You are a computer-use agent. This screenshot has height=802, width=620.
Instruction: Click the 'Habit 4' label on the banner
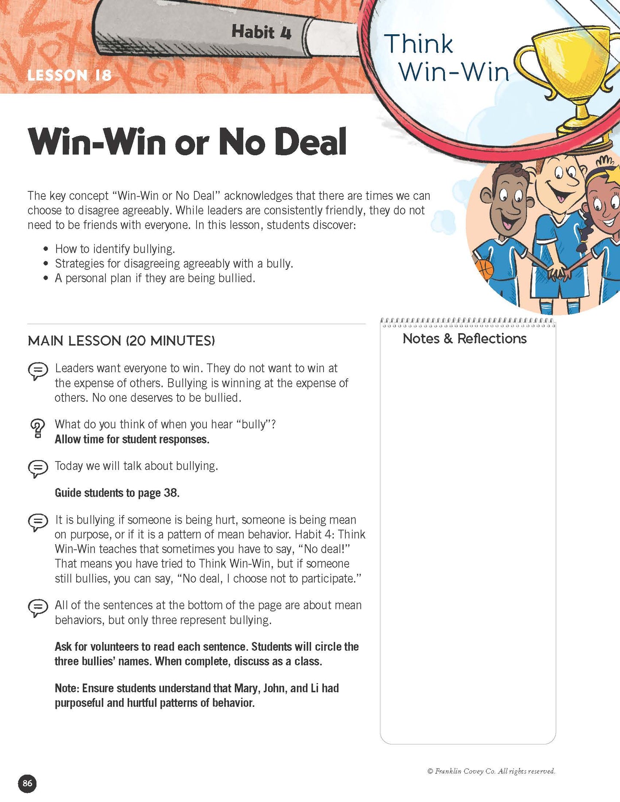(x=261, y=32)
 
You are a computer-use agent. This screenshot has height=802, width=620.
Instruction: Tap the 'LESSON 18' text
(x=70, y=75)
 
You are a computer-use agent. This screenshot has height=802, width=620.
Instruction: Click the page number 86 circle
(x=27, y=784)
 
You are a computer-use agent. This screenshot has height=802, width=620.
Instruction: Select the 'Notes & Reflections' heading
(x=464, y=339)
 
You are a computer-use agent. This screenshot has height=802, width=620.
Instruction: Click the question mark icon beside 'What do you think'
(x=38, y=428)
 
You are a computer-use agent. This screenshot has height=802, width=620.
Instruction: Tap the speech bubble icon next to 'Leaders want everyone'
(x=38, y=371)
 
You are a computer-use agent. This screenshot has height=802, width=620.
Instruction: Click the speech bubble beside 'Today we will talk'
(x=38, y=468)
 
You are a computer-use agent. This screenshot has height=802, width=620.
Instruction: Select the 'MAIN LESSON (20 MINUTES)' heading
(x=121, y=341)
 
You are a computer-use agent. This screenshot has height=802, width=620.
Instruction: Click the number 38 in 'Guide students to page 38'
(x=170, y=493)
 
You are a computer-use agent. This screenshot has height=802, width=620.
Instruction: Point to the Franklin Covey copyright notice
(x=491, y=771)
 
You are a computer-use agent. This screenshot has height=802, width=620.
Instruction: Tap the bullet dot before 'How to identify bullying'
(x=46, y=249)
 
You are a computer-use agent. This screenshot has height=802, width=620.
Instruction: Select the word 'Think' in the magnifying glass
(x=418, y=44)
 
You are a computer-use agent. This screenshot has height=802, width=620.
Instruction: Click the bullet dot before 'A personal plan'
(x=46, y=278)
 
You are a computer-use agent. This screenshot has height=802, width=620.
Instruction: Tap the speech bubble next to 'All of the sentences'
(x=38, y=608)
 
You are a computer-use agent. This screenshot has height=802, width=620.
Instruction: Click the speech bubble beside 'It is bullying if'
(x=38, y=522)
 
